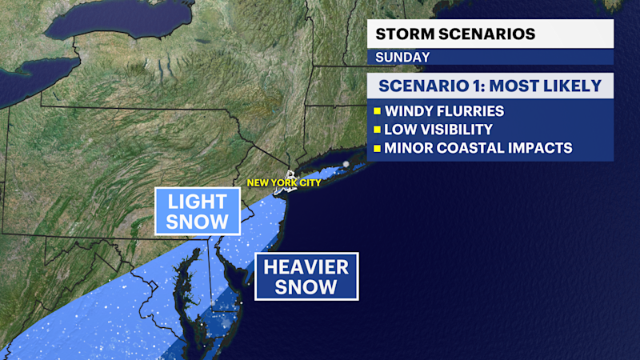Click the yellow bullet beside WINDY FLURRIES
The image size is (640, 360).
[376, 110]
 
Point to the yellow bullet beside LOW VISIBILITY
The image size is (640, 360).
[376, 129]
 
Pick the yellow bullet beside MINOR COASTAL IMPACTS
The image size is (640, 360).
[376, 148]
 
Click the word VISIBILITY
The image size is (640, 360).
[460, 129]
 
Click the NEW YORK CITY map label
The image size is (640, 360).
[283, 183]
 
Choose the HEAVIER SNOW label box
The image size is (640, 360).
[306, 276]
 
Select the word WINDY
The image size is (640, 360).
[410, 110]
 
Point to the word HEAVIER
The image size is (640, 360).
[306, 266]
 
